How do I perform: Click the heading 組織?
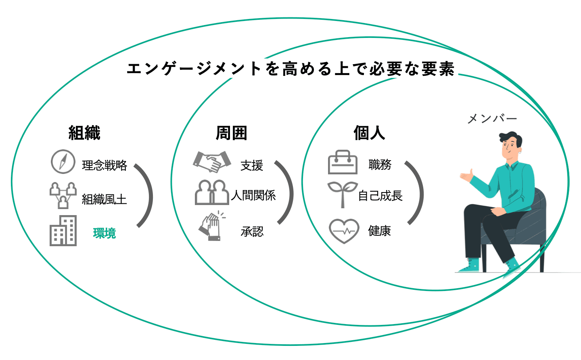coord(84,133)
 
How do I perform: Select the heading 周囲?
coord(232,133)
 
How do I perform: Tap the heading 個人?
coord(369,133)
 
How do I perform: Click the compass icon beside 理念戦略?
coord(63,162)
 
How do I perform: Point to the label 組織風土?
coord(104,199)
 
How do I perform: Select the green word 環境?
coord(104,233)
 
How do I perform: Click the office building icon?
coord(63,231)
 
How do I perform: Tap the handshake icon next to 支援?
coord(211,162)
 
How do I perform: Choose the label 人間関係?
coord(253,196)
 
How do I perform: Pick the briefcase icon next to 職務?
coord(343,162)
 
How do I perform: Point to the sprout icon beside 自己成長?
coord(342,194)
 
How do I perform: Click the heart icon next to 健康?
coord(344,231)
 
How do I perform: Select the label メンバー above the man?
coord(492,119)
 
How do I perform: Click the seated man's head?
coord(511,145)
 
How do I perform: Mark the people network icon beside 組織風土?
coord(63,195)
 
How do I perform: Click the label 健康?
coord(380,231)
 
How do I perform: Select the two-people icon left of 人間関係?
coord(211,193)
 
